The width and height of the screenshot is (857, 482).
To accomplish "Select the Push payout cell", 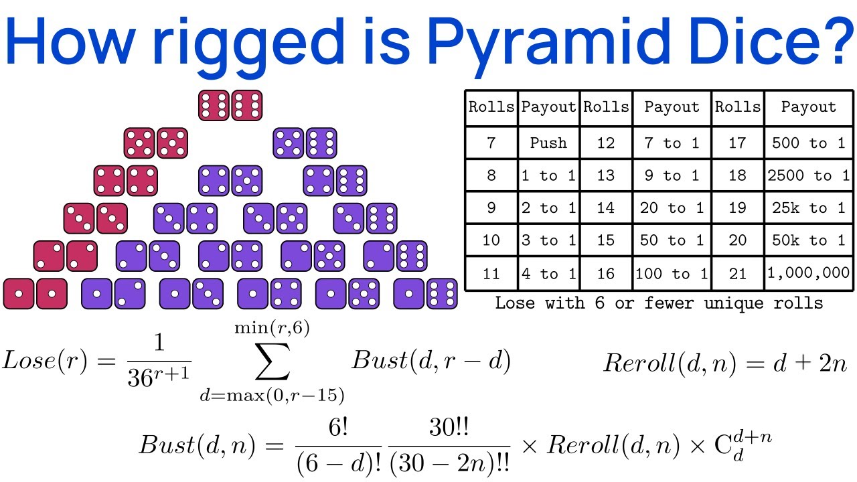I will (548, 143).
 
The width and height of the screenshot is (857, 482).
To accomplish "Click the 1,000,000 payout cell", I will (808, 273).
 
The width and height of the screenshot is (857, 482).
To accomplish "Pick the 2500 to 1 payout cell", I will (808, 175).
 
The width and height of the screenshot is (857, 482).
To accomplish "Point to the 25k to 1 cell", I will (808, 208).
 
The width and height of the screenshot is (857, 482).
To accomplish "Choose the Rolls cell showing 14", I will (605, 208).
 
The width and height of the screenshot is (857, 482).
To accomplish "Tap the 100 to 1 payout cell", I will (672, 273).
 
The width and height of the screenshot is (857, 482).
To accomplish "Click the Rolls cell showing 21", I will (737, 273).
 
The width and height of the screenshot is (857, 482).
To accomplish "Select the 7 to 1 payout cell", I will (672, 143).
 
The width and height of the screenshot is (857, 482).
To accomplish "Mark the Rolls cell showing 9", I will (491, 208).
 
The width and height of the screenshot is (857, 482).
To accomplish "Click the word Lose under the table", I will (515, 303).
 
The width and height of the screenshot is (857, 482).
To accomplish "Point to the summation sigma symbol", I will (272, 364).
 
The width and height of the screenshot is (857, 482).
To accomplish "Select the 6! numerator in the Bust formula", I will (337, 428).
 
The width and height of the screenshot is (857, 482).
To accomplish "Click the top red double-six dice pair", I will (230, 106).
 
